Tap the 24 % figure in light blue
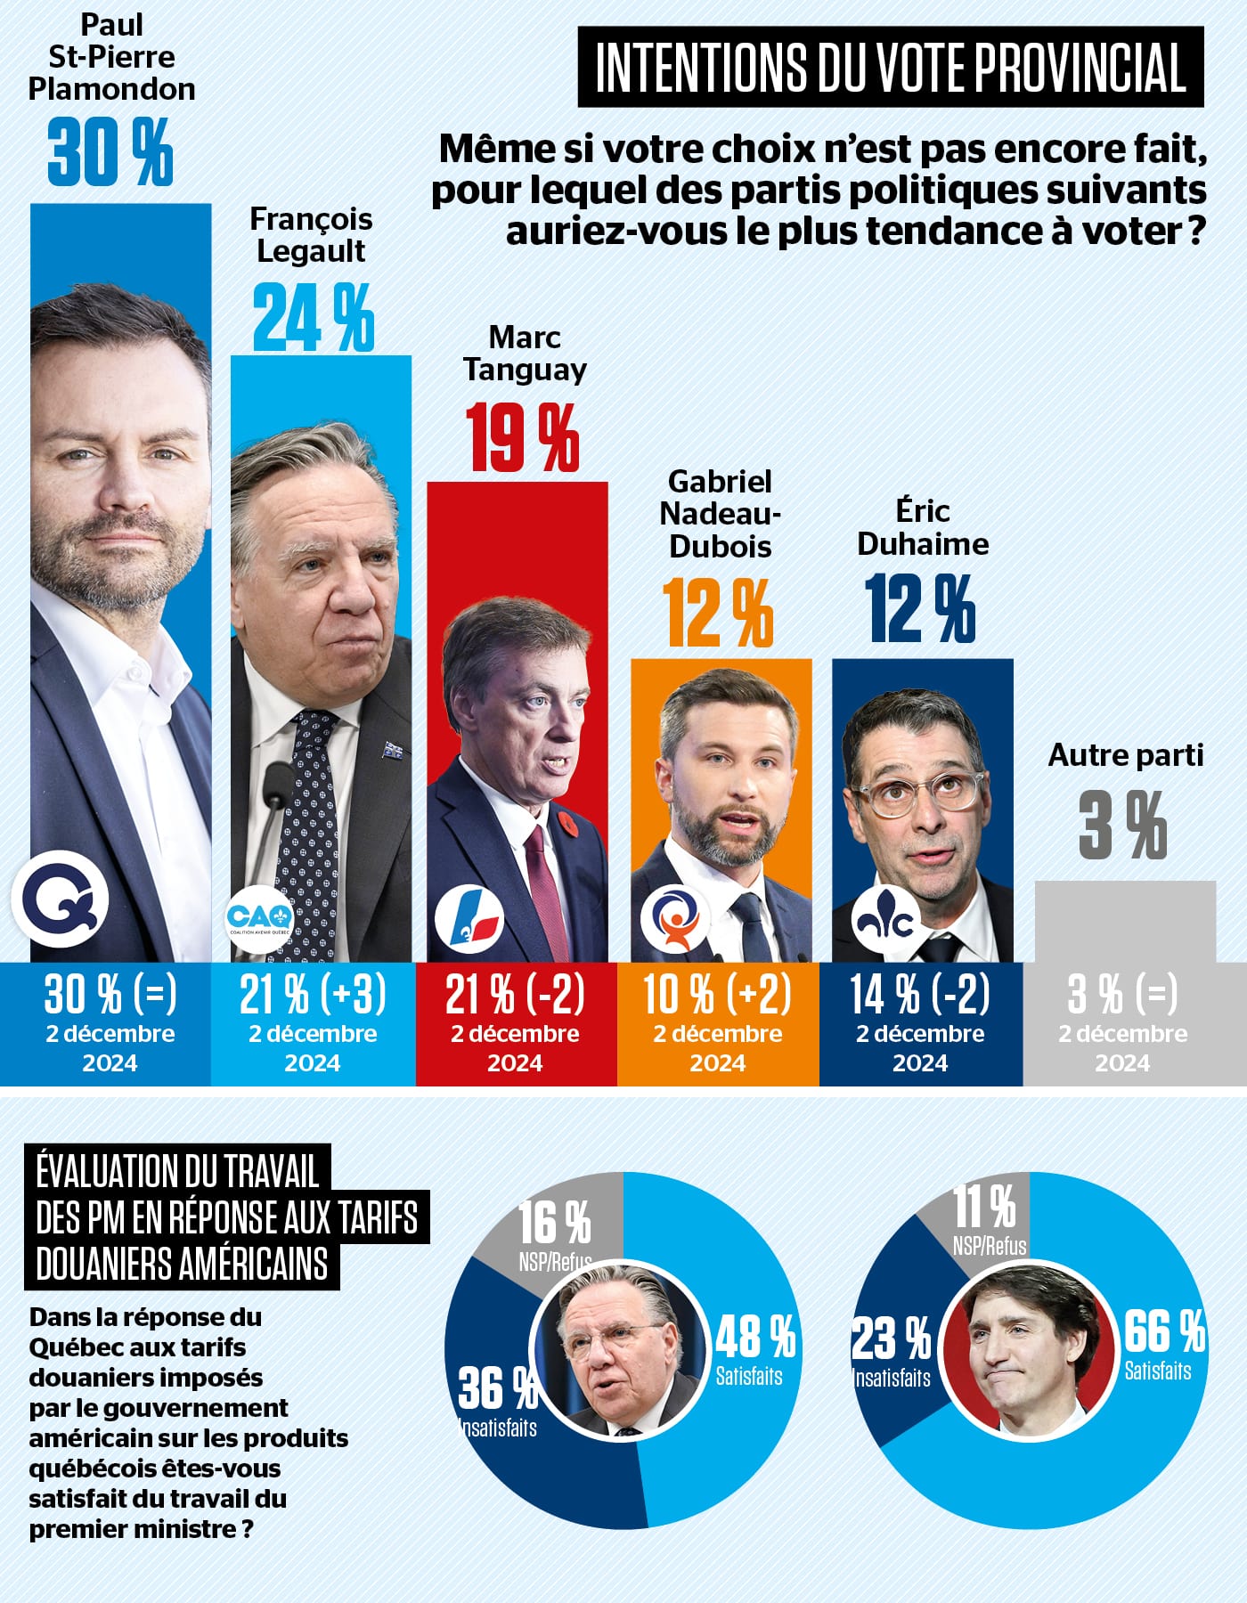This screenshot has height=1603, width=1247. point(313,318)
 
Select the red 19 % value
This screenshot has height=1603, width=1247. point(523,437)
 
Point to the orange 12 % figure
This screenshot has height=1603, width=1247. point(718,613)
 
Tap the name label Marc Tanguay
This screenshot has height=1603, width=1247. point(525,354)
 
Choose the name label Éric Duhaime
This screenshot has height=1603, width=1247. point(923,527)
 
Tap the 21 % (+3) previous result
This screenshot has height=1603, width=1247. point(313,995)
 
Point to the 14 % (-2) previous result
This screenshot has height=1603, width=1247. point(920,995)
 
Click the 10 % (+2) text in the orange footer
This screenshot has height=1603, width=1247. point(718,995)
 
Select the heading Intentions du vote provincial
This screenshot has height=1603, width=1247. point(890,68)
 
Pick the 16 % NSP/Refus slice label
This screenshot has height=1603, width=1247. point(555,1233)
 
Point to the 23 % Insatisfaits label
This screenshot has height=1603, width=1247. point(892,1350)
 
